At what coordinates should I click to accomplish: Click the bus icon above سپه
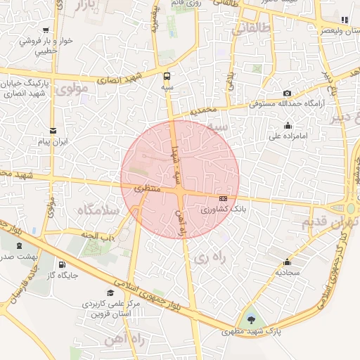(x=167, y=75)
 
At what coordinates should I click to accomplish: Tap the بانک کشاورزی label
(x=215, y=210)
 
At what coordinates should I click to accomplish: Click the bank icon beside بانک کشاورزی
(x=223, y=198)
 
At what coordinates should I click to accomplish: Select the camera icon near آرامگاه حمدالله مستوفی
(x=287, y=94)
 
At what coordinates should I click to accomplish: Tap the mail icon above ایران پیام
(x=53, y=131)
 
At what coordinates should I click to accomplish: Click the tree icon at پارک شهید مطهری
(x=252, y=321)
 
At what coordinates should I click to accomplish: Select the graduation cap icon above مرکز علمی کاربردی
(x=110, y=292)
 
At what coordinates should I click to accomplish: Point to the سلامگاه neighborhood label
(x=96, y=210)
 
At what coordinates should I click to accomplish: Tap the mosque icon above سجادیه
(x=288, y=259)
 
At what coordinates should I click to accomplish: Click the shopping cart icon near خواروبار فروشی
(x=46, y=30)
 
